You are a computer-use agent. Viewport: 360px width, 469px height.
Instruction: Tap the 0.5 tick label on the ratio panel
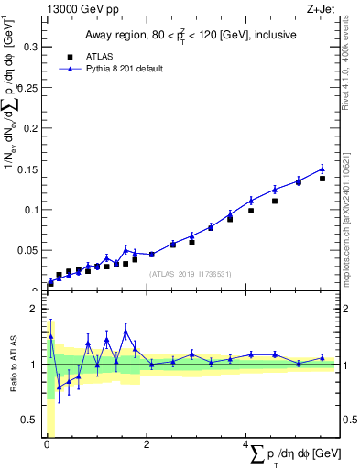(29, 420)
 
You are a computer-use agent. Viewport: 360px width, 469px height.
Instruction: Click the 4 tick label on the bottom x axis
(245, 444)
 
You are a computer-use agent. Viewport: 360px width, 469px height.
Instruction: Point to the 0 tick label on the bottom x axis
(47, 444)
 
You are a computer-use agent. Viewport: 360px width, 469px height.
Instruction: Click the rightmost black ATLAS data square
(322, 179)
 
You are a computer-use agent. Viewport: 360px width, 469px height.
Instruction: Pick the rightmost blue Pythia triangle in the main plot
(322, 169)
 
